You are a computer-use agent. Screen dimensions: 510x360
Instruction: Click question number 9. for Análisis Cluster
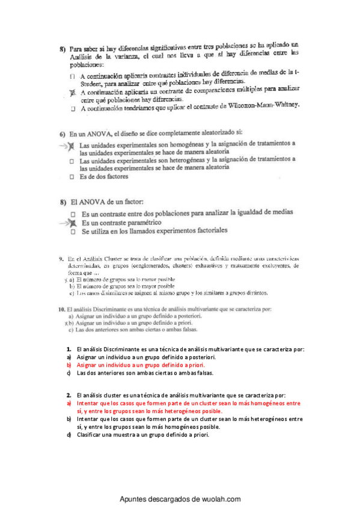61,259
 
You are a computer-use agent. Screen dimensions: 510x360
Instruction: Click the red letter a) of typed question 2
69,403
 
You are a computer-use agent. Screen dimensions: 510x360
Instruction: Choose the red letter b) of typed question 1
69,364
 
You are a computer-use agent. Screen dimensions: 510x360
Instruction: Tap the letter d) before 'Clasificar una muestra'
69,434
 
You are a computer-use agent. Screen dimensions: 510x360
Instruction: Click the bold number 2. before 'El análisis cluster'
70,395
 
